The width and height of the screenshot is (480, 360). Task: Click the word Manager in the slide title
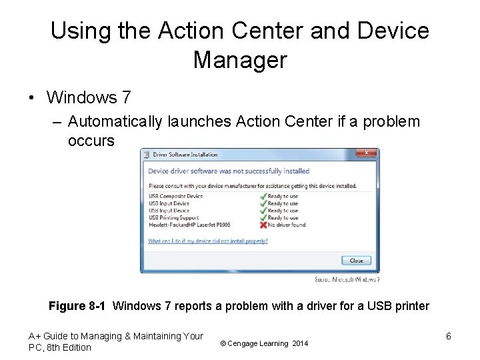[239, 60]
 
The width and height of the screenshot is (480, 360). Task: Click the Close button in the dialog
[356, 260]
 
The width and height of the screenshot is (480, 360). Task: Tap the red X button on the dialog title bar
[365, 153]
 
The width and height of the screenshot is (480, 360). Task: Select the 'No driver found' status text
[286, 225]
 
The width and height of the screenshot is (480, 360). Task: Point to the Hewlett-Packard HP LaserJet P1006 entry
[189, 225]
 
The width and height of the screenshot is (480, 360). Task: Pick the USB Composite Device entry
[175, 196]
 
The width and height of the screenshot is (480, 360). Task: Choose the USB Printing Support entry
[173, 218]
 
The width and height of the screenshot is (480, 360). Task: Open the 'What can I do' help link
[207, 241]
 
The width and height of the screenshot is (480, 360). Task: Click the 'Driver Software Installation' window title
[185, 155]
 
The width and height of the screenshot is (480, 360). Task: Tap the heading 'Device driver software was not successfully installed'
[229, 171]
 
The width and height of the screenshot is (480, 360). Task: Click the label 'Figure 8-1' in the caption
[77, 307]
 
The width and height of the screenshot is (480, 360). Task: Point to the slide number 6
[448, 337]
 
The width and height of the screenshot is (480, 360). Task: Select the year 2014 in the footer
[300, 343]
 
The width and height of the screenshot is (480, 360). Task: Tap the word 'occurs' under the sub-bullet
[91, 141]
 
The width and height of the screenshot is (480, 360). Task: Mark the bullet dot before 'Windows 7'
[31, 98]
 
